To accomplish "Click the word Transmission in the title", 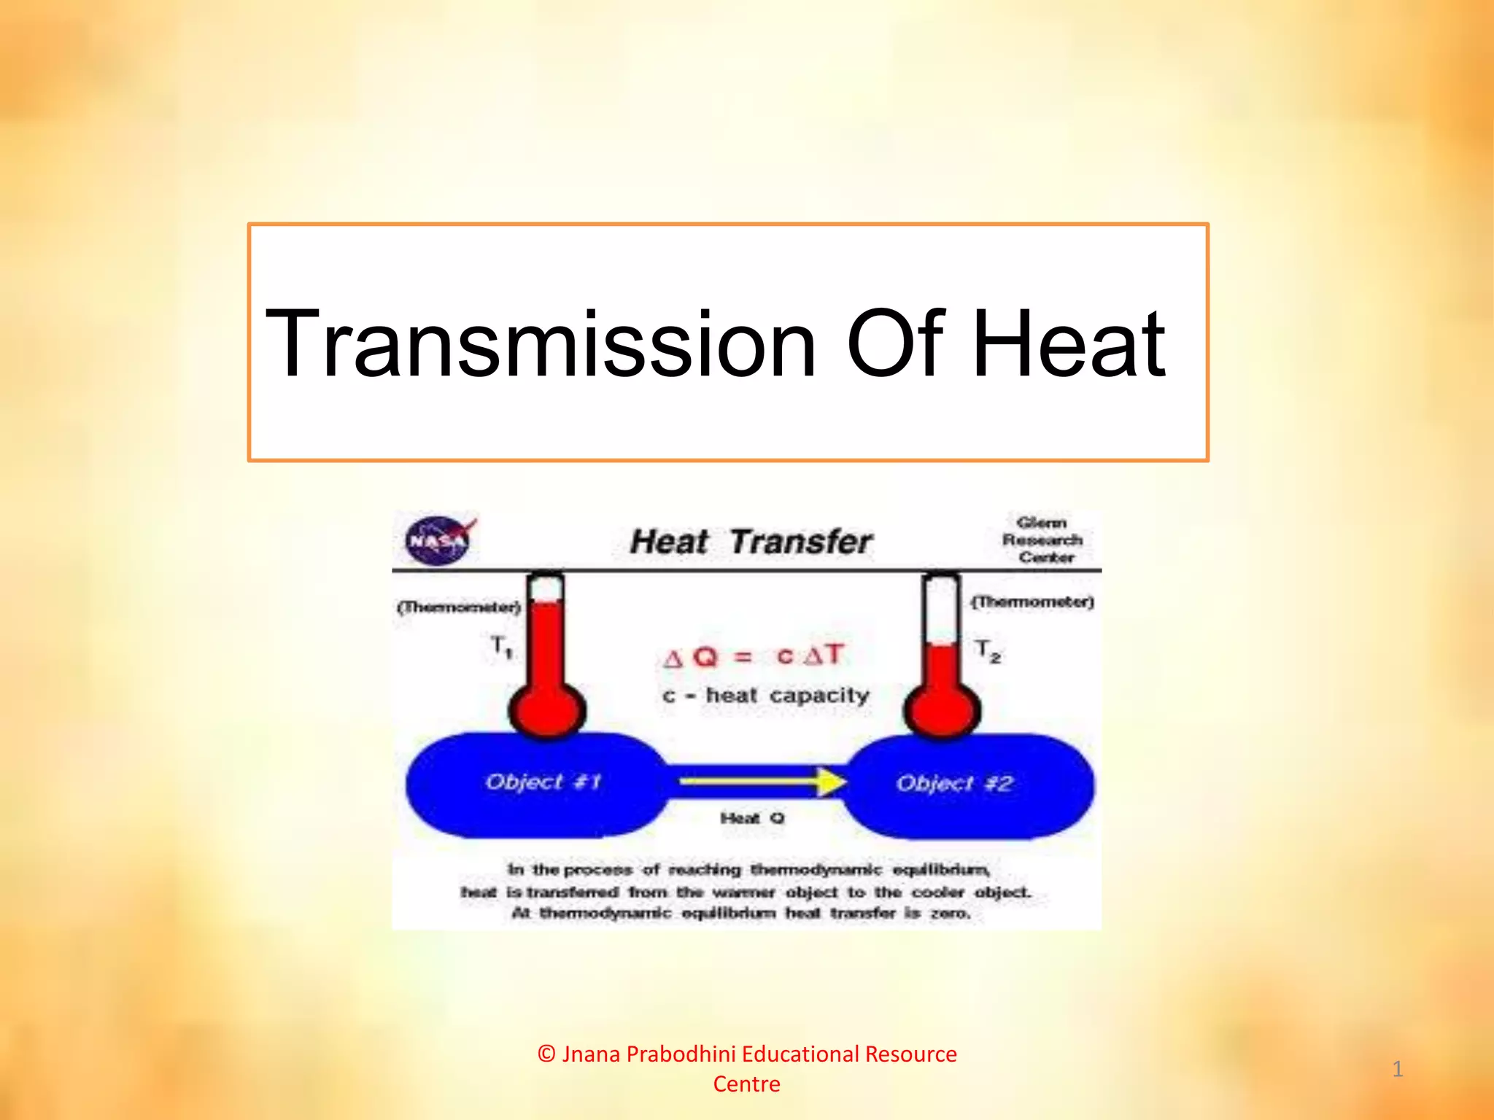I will pyautogui.click(x=540, y=344).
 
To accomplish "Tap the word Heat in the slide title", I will pyautogui.click(x=1069, y=344).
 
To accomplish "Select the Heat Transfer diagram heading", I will pyautogui.click(x=751, y=542).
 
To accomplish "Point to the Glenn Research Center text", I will pyautogui.click(x=1042, y=540).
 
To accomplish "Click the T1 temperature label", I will pyautogui.click(x=501, y=646).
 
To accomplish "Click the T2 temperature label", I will pyautogui.click(x=988, y=650).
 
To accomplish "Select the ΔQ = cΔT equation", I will pyautogui.click(x=754, y=656).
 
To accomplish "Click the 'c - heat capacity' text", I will pyautogui.click(x=766, y=696).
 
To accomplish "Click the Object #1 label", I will pyautogui.click(x=543, y=782).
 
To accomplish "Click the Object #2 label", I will pyautogui.click(x=954, y=784).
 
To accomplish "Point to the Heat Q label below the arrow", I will pyautogui.click(x=752, y=818).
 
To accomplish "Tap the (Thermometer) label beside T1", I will pyautogui.click(x=459, y=607).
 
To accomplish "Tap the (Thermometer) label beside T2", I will pyautogui.click(x=1032, y=602).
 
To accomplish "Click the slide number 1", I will pyautogui.click(x=1397, y=1069).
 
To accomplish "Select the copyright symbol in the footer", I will pyautogui.click(x=547, y=1054).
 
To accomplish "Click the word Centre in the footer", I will pyautogui.click(x=746, y=1084).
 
